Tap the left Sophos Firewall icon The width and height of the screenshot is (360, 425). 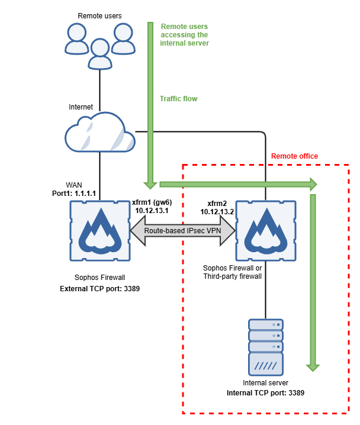[x=99, y=231]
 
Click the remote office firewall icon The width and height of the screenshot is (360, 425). [x=265, y=231]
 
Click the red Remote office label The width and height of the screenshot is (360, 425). [x=294, y=156]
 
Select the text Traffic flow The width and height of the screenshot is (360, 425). [x=179, y=99]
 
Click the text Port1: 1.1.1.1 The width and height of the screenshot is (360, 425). [x=74, y=194]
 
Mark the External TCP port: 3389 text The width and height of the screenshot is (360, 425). [x=100, y=289]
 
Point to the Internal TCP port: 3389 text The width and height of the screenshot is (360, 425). [x=265, y=392]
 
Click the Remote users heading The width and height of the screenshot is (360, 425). [x=100, y=14]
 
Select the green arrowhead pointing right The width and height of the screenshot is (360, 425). [x=311, y=183]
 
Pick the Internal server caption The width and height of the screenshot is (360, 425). [x=265, y=384]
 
